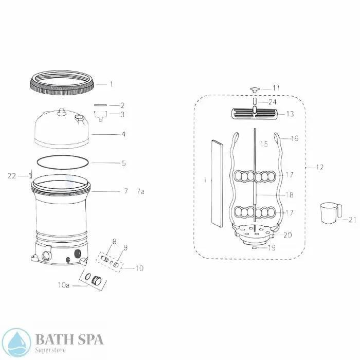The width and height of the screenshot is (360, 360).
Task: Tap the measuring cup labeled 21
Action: point(330,212)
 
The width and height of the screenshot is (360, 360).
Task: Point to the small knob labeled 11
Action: point(254,89)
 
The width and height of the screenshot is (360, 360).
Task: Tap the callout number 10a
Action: point(63,285)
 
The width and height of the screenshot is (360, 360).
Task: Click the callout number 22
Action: point(12,176)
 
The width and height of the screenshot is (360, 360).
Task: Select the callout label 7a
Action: point(140,191)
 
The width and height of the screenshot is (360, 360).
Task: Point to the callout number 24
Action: point(272,102)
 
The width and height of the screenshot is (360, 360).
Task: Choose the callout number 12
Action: point(320,167)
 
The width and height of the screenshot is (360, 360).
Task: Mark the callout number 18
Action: point(290,195)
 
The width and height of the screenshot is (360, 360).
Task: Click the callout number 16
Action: point(294,138)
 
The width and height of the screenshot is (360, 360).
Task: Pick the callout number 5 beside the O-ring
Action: point(123,164)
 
